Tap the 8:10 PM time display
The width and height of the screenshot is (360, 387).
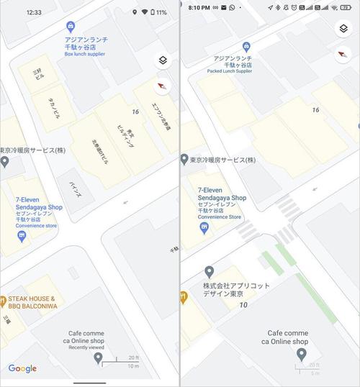tap(199, 7)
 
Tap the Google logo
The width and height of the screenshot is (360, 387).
tap(22, 368)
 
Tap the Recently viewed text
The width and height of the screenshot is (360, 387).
tap(87, 347)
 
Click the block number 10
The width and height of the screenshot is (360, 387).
tap(243, 305)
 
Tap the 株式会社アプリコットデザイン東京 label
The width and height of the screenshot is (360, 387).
tap(237, 290)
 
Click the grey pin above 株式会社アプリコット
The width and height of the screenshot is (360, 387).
tap(209, 272)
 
